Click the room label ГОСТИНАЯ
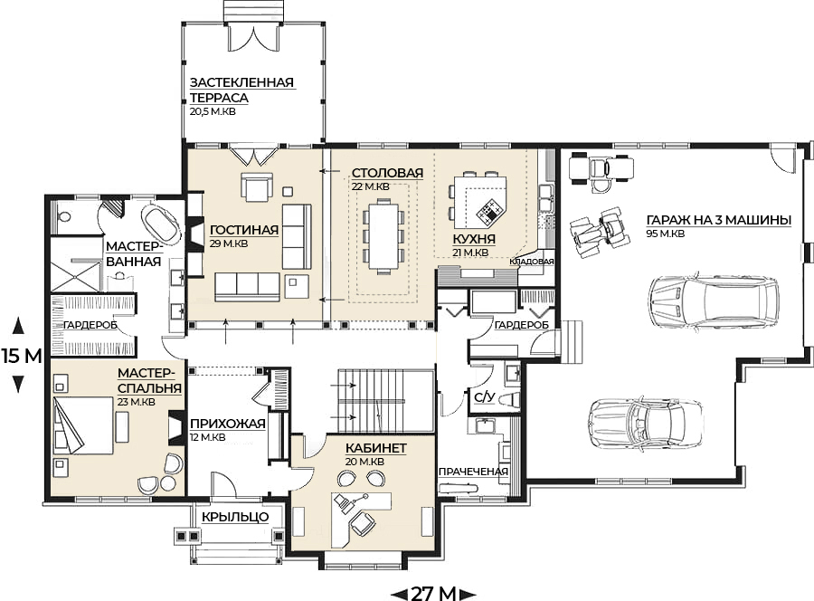click(x=244, y=230)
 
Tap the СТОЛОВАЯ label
click(x=387, y=173)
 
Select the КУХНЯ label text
click(x=474, y=239)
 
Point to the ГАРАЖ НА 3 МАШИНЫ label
click(x=719, y=220)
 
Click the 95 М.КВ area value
click(x=666, y=234)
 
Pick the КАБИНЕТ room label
click(x=376, y=448)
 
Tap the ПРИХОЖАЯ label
click(x=228, y=424)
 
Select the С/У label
click(x=485, y=398)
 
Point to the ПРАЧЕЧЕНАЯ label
click(x=473, y=472)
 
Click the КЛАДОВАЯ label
click(x=532, y=262)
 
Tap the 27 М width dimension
click(x=433, y=593)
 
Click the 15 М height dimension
click(x=21, y=357)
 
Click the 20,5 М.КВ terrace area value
click(x=213, y=111)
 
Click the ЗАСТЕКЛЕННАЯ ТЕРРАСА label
click(x=241, y=90)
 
